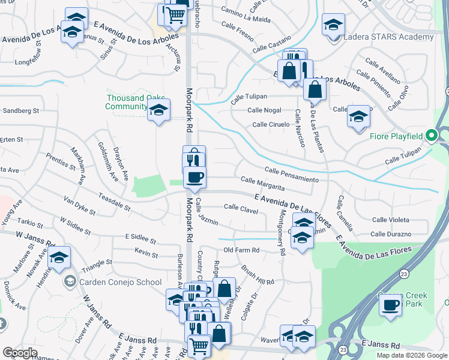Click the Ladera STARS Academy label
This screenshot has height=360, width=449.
[388, 37]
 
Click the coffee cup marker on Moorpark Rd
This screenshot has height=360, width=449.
[194, 178]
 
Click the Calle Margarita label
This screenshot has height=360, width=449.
[262, 184]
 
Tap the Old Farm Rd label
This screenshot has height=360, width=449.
[241, 250]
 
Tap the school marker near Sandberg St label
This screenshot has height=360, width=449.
[158, 110]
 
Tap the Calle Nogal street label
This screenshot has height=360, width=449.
[264, 110]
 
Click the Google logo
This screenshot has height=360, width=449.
[20, 352]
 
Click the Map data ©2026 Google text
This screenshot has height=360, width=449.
[411, 355]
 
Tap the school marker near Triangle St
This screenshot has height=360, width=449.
[59, 258]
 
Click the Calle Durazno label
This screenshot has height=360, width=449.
[391, 234]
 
